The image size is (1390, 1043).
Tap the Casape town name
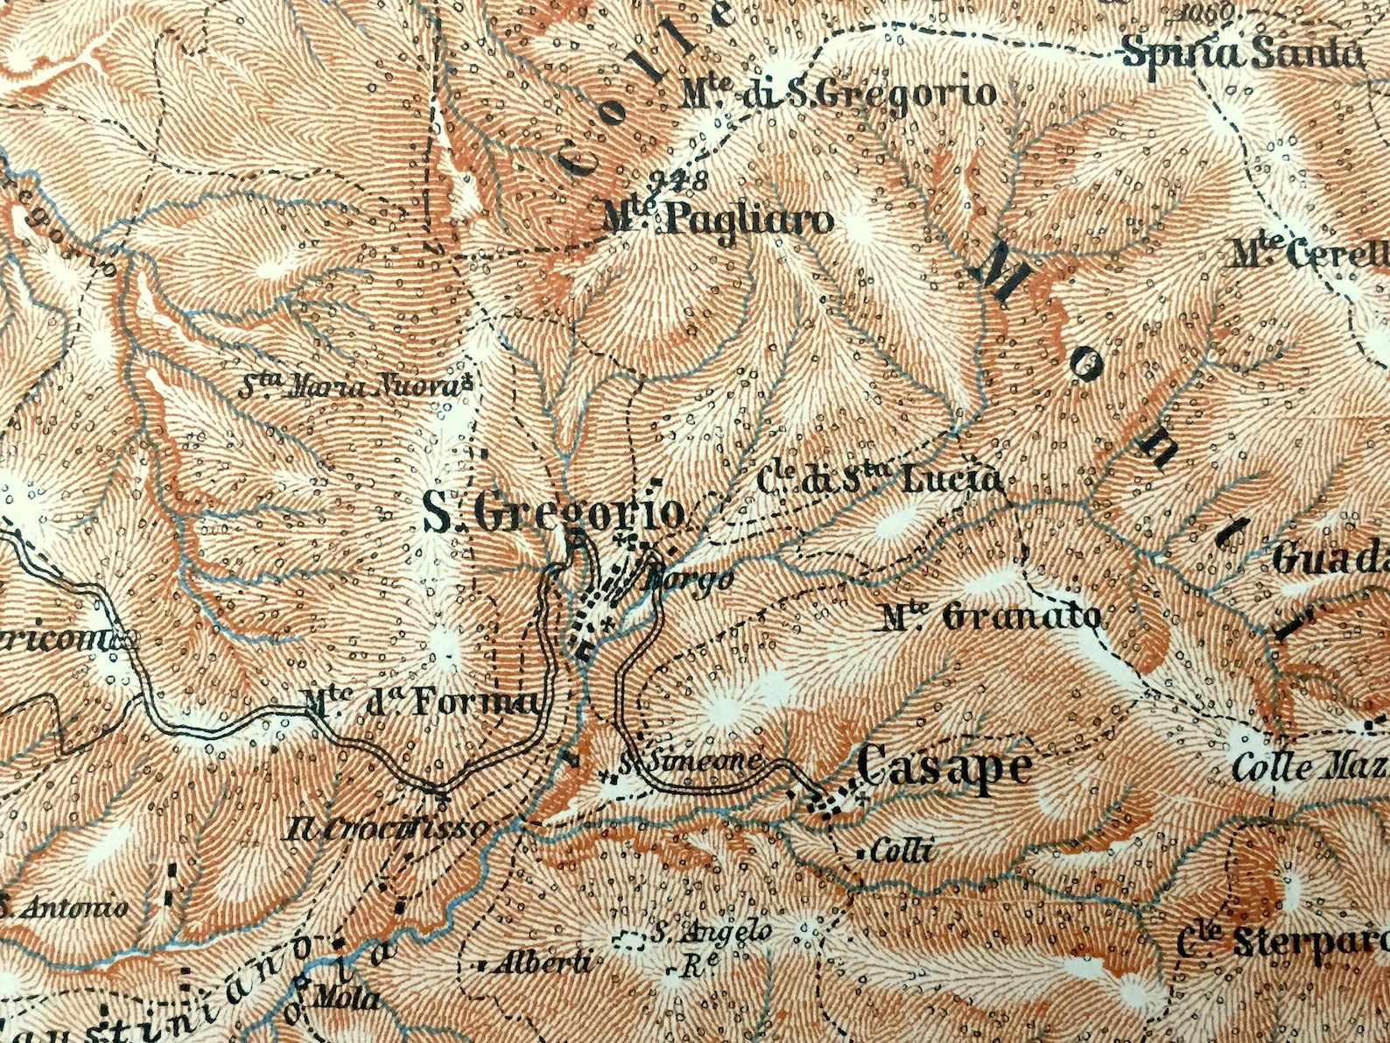944,768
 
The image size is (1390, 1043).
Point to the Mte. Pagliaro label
718,220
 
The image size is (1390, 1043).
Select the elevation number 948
680,183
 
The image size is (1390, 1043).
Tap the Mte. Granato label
991,617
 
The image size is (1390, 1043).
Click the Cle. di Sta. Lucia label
878,479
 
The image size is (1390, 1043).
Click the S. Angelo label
711,932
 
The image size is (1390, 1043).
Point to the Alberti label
543,963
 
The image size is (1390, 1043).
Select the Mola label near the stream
347,997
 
